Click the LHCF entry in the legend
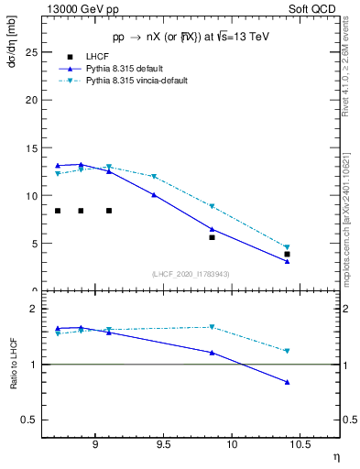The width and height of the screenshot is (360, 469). tap(97, 57)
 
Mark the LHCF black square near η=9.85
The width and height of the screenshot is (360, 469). tap(212, 237)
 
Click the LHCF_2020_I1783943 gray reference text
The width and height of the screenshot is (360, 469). tap(190, 274)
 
